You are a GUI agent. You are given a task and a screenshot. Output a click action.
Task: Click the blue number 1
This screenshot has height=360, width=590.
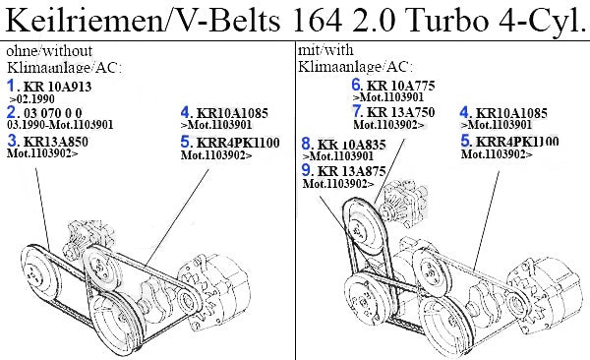11,86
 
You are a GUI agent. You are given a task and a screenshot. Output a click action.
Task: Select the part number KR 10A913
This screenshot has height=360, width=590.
58,87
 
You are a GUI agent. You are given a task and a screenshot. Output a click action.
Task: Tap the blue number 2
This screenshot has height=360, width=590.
12,112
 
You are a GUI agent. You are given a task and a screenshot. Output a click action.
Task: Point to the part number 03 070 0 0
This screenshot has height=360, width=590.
53,113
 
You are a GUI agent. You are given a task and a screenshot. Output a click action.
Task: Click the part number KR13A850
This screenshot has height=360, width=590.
56,142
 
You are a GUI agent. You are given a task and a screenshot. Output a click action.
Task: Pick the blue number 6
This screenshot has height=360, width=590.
356,85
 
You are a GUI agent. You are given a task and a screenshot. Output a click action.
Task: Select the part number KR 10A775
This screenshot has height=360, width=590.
401,86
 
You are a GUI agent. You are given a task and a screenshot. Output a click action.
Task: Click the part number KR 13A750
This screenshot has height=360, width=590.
401,112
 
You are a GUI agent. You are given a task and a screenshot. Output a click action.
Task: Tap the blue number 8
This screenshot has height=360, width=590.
306,144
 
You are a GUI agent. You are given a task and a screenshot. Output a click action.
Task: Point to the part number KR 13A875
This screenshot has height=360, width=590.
352,171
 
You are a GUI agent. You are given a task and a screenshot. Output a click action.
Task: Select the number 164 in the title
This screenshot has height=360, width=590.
316,21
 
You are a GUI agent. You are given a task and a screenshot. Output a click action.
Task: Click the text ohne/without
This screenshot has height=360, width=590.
49,51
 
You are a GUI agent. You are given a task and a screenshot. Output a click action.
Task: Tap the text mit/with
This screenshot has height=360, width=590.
325,50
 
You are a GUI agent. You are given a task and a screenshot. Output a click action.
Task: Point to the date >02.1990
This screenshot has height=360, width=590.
32,99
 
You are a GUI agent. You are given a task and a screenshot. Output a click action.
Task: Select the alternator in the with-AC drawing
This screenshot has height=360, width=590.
547,297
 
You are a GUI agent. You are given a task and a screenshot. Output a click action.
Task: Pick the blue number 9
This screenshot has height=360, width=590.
306,170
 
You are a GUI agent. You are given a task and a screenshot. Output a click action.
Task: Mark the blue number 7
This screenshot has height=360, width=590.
357,111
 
